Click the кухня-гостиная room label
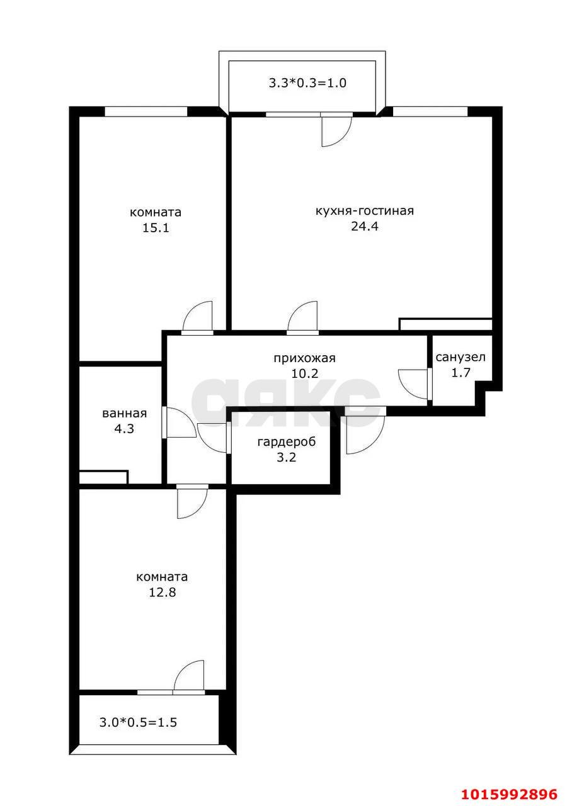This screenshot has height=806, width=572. (365, 211)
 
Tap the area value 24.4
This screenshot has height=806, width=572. (365, 227)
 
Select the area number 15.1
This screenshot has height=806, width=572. (156, 228)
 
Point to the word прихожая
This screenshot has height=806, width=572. (304, 358)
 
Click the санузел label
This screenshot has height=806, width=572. (460, 357)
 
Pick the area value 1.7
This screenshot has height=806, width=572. (460, 372)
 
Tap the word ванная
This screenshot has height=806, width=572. (125, 414)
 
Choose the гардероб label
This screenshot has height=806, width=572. (287, 441)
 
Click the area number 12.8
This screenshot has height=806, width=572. (163, 593)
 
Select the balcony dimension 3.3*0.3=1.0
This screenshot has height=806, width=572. (307, 83)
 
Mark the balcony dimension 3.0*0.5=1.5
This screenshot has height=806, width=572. (138, 722)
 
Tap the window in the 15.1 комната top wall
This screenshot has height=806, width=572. (146, 111)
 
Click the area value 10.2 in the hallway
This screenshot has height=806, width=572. (305, 373)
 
